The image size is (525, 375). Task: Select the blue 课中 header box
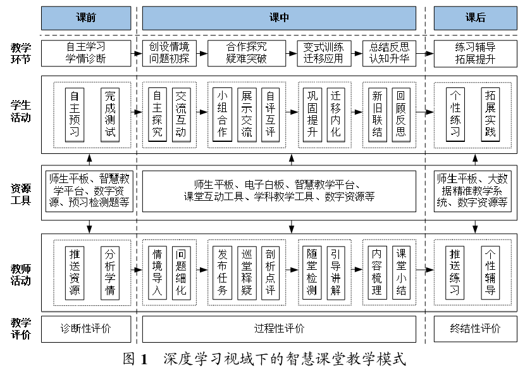[x=279, y=18]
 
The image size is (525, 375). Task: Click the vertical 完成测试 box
[x=110, y=114]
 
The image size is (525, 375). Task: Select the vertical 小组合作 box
[x=221, y=114]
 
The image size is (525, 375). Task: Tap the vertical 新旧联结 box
[x=377, y=114]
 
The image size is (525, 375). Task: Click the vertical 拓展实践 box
[x=490, y=114]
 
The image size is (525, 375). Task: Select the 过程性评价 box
[x=279, y=329]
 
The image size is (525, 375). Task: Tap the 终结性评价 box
[x=475, y=329]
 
